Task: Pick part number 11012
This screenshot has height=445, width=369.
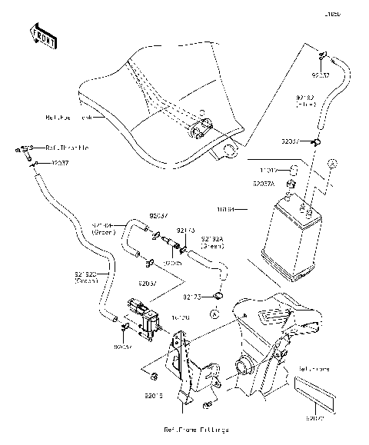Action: tap(268, 169)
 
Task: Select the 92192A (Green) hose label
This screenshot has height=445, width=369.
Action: tap(213, 242)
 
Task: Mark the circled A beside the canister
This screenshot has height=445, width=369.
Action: tap(333, 164)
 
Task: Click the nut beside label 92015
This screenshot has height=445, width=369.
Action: tap(154, 376)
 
